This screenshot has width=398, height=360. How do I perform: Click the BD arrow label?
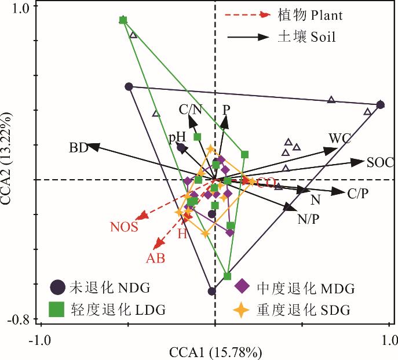coord(78,148)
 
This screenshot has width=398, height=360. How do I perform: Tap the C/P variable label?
coord(357,194)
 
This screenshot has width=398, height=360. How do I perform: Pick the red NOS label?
coord(124,227)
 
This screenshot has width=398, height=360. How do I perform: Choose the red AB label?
coord(155,259)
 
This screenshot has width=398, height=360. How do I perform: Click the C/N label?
coord(191,108)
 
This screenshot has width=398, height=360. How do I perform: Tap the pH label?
coord(177,137)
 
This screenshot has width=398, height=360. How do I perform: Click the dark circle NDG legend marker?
coord(57,287)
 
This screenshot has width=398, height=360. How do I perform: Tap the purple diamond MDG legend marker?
coord(242,287)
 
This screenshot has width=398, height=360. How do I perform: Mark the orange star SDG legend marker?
coord(242,310)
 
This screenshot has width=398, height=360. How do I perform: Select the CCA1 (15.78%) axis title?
coord(216,351)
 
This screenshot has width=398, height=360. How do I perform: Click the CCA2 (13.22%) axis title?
coord(8,163)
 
